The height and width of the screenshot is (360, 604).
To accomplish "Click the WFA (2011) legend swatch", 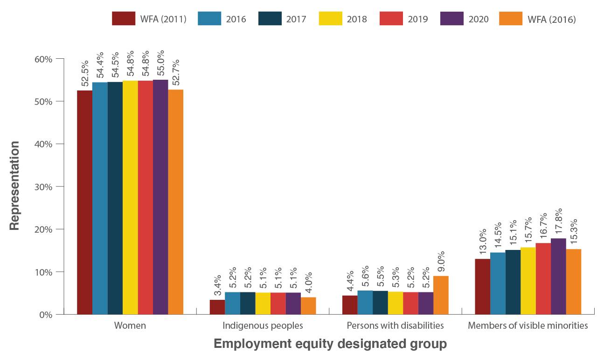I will tap(123, 19).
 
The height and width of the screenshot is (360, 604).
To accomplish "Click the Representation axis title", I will tap(14, 186).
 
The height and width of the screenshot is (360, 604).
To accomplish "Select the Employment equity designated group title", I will tap(330, 344).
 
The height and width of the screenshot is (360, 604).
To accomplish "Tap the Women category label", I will tap(130, 325).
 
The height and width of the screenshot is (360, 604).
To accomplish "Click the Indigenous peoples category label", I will tap(263, 325).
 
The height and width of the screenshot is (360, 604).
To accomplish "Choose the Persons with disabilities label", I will tap(395, 325).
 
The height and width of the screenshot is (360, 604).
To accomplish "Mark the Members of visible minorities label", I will tap(528, 325).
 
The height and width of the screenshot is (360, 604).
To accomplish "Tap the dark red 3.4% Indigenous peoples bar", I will tap(217, 307).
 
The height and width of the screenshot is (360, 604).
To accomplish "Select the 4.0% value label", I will tap(308, 283).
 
